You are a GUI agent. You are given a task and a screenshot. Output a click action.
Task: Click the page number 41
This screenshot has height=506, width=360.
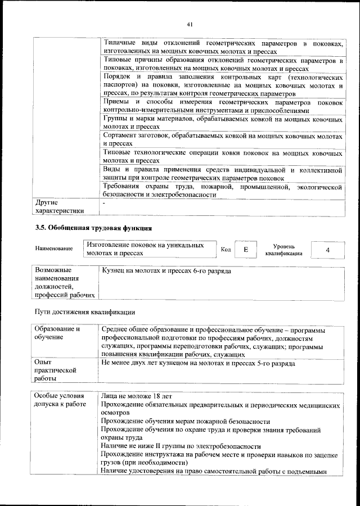[190, 24]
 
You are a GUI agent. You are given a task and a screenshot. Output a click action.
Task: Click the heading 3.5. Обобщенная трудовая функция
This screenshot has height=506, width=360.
[93, 228]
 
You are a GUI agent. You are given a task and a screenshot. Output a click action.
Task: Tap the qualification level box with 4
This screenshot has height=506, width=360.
[327, 249]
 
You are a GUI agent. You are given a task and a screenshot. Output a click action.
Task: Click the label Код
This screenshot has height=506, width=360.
[226, 249]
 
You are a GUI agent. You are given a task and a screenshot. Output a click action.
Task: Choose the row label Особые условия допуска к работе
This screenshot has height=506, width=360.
[60, 400]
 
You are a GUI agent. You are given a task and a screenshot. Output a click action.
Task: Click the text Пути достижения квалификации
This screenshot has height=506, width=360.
[84, 311]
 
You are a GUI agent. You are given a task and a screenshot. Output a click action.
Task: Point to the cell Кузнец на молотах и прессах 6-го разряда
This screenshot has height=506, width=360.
[166, 271]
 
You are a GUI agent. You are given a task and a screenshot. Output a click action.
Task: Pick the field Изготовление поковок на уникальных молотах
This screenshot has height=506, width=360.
[150, 249]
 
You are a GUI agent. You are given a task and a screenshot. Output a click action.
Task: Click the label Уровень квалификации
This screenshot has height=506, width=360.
[283, 249]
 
